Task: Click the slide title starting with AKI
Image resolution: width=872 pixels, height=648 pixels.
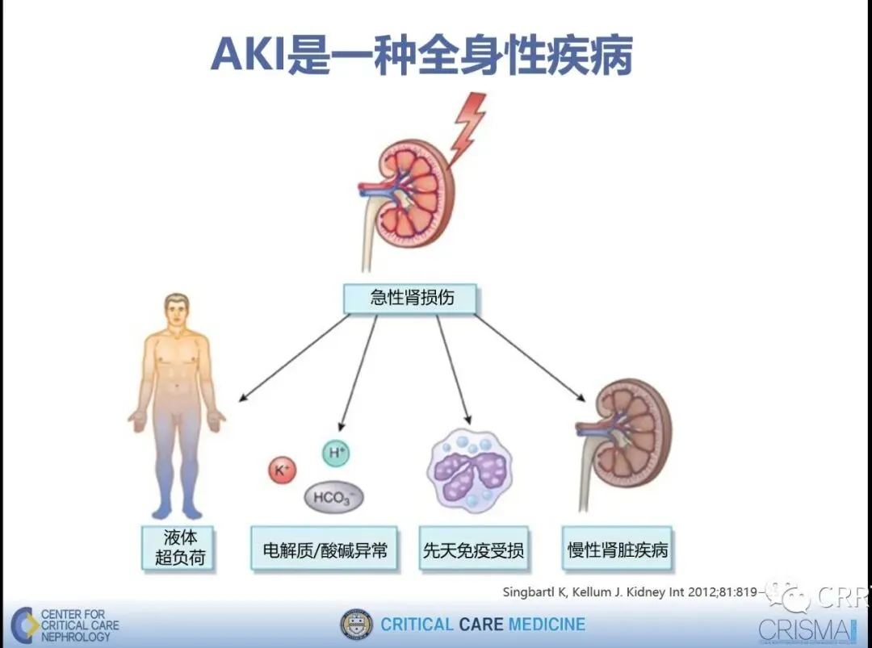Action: coord(421,54)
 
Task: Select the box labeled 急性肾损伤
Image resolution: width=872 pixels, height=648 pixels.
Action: coord(411,298)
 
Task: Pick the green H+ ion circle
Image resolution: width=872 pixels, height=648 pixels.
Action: coord(336,454)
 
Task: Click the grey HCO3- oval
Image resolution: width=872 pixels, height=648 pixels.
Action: coord(333,497)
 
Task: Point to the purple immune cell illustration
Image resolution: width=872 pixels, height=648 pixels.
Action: coord(469,469)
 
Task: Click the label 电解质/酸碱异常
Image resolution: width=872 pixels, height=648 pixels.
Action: coord(325,550)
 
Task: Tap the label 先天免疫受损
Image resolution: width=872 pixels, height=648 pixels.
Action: coord(473,550)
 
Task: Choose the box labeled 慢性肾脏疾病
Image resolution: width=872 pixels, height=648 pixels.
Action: coord(618,550)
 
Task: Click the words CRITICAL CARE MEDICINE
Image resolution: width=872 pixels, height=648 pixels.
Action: coord(483,625)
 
